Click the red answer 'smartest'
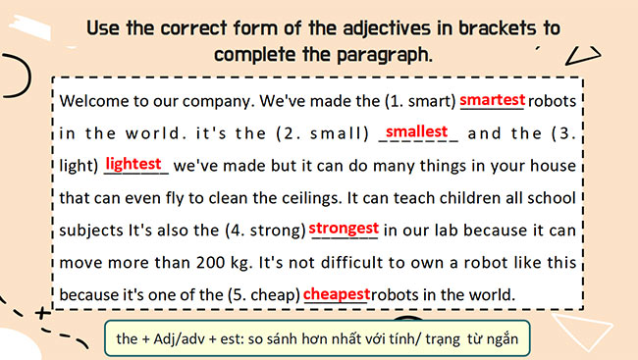(493, 99)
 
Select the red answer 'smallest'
(416, 130)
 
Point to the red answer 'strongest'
(344, 229)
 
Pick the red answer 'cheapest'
(337, 293)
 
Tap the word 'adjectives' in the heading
(358, 27)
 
